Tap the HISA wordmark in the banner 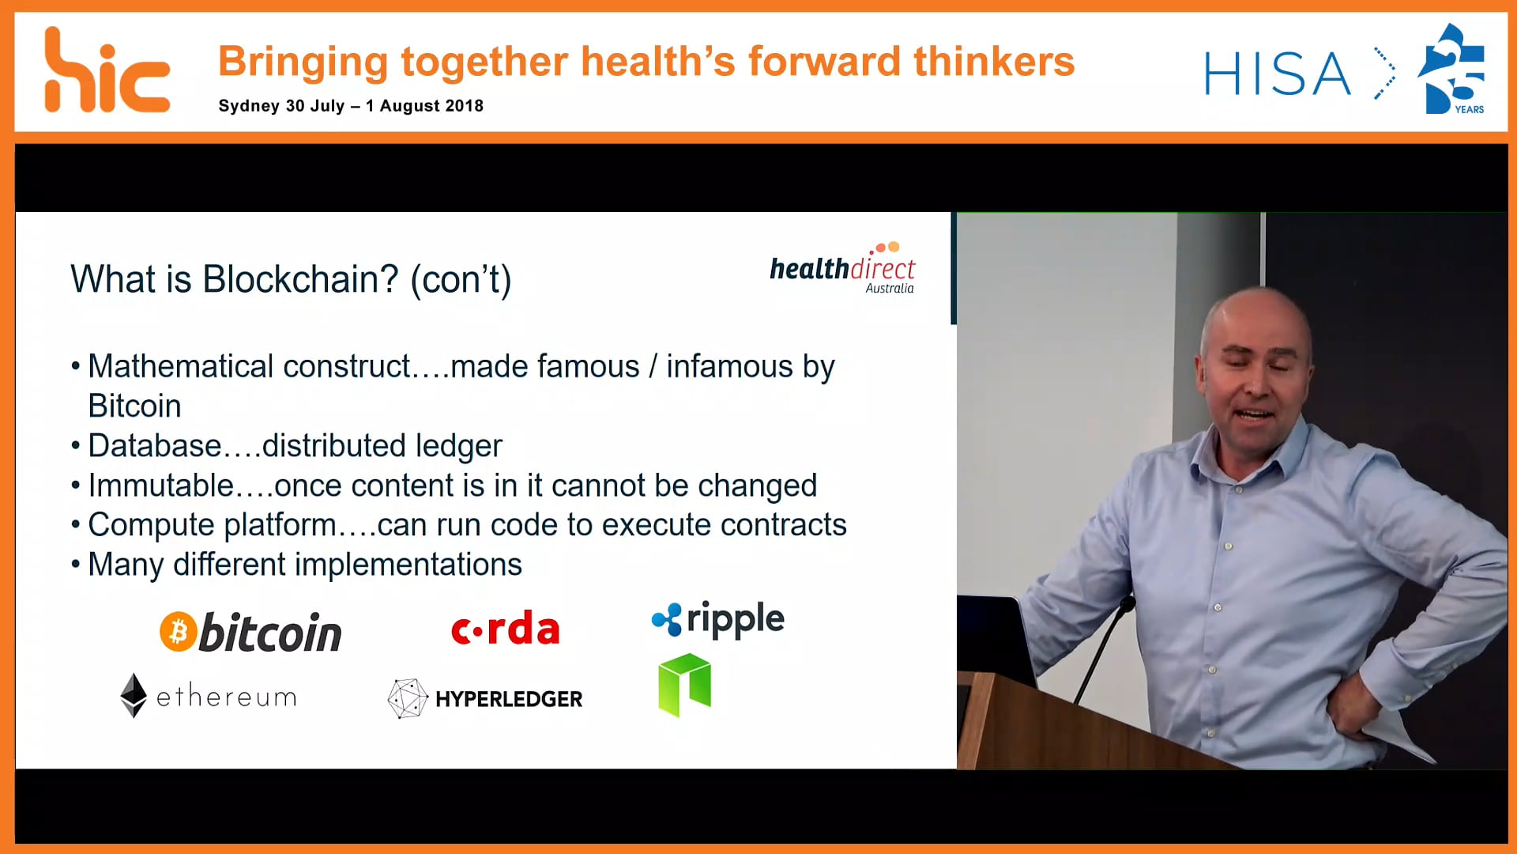pos(1277,74)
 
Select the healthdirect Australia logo pos(842,270)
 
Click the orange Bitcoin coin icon pos(179,632)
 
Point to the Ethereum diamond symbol pos(134,695)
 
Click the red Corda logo pos(505,629)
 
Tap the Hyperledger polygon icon pos(407,698)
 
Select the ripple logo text pos(735,619)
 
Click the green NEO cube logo pos(684,685)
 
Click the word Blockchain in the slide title pos(300,279)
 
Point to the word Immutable pos(160,486)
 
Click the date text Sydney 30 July pos(280,106)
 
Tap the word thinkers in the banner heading pos(994,62)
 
